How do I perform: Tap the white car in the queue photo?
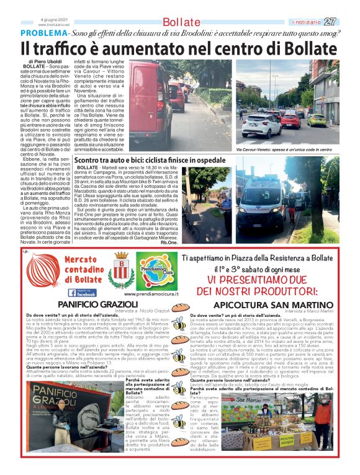[261, 125]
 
